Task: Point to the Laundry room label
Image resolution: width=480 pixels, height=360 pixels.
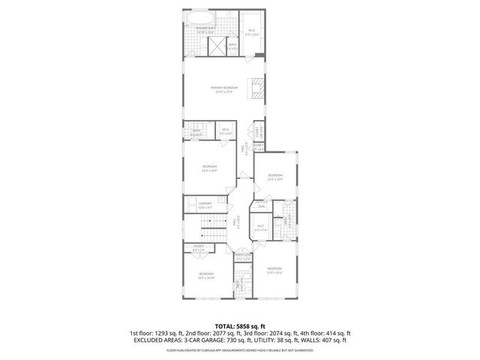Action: click(205, 205)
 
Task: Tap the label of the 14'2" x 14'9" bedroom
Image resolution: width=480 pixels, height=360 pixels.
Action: click(209, 167)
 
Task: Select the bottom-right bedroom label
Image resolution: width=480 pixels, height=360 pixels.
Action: click(274, 269)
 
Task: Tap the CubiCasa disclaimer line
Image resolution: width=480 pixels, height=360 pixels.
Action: click(240, 349)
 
